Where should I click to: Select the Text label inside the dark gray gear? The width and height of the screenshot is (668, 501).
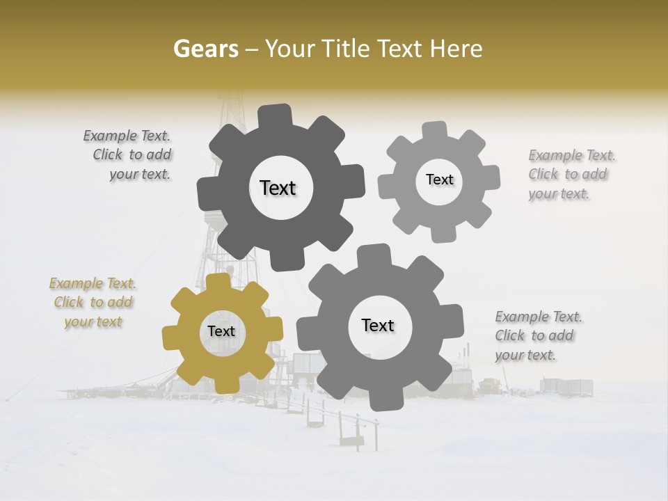click(278, 188)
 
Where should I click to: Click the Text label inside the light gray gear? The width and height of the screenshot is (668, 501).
click(439, 180)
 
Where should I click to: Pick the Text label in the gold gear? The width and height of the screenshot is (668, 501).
click(221, 332)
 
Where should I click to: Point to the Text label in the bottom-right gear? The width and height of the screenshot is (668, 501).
click(378, 325)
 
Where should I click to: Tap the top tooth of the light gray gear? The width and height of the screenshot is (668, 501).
click(434, 132)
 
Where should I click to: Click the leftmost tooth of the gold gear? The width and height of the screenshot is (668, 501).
click(171, 337)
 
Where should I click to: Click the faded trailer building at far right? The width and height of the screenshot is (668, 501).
click(566, 386)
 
